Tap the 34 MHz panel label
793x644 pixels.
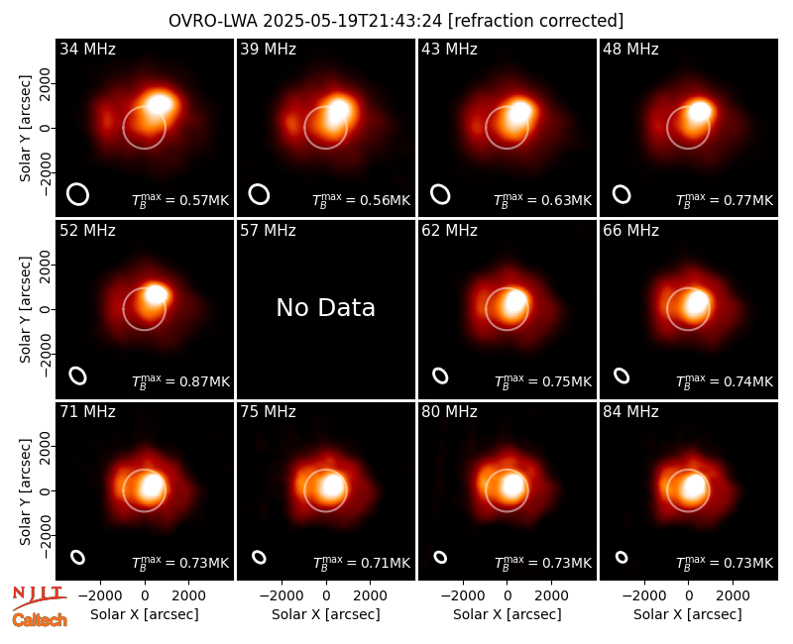coord(87,49)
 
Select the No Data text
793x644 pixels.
coord(326,307)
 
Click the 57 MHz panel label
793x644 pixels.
coord(268,231)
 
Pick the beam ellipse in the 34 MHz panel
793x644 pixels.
coord(78,194)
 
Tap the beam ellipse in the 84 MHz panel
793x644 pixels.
coord(622,557)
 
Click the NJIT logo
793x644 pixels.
coord(39,597)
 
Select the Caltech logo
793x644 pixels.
coord(40,620)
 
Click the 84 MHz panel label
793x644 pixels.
coord(630,412)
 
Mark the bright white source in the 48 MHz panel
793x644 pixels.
coord(700,111)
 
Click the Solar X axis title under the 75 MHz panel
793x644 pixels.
coord(326,614)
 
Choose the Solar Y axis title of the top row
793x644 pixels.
coord(25,129)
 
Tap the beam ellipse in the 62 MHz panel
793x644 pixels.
coord(440,376)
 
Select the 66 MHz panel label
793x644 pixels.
coord(630,231)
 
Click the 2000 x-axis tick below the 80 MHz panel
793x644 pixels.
coord(551,596)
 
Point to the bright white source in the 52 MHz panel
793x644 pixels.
coord(156,293)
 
